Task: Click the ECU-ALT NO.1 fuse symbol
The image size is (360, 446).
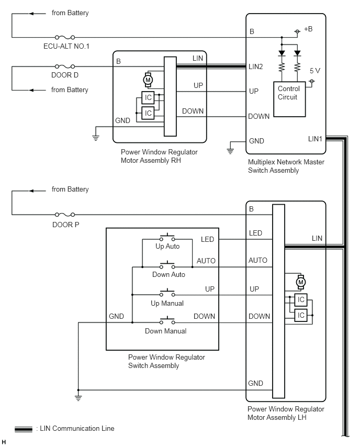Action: (x=65, y=37)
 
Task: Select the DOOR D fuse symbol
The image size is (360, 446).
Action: (x=65, y=66)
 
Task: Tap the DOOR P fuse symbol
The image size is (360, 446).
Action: (x=65, y=215)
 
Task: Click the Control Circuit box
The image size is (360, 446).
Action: (x=289, y=99)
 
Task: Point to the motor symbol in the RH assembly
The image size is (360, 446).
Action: (x=148, y=80)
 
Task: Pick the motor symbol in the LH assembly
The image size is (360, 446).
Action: (x=301, y=283)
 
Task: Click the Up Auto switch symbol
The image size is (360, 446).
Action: (x=167, y=237)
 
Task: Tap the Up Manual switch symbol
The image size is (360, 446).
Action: (x=167, y=293)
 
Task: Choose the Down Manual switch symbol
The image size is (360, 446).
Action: (x=167, y=320)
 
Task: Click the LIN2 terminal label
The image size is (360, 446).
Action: (x=256, y=66)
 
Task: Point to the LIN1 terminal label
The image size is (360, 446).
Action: (x=315, y=139)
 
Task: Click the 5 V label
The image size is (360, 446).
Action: (x=315, y=71)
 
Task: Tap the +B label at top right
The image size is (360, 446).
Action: (x=308, y=29)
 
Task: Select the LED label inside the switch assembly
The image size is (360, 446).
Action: (x=207, y=239)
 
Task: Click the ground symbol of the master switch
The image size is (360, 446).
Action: (x=230, y=151)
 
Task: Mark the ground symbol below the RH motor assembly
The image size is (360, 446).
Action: (x=96, y=138)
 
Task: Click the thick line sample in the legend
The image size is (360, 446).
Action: (x=24, y=429)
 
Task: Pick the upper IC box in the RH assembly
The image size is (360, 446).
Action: (x=148, y=97)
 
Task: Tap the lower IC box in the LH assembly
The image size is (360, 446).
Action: (x=301, y=315)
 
